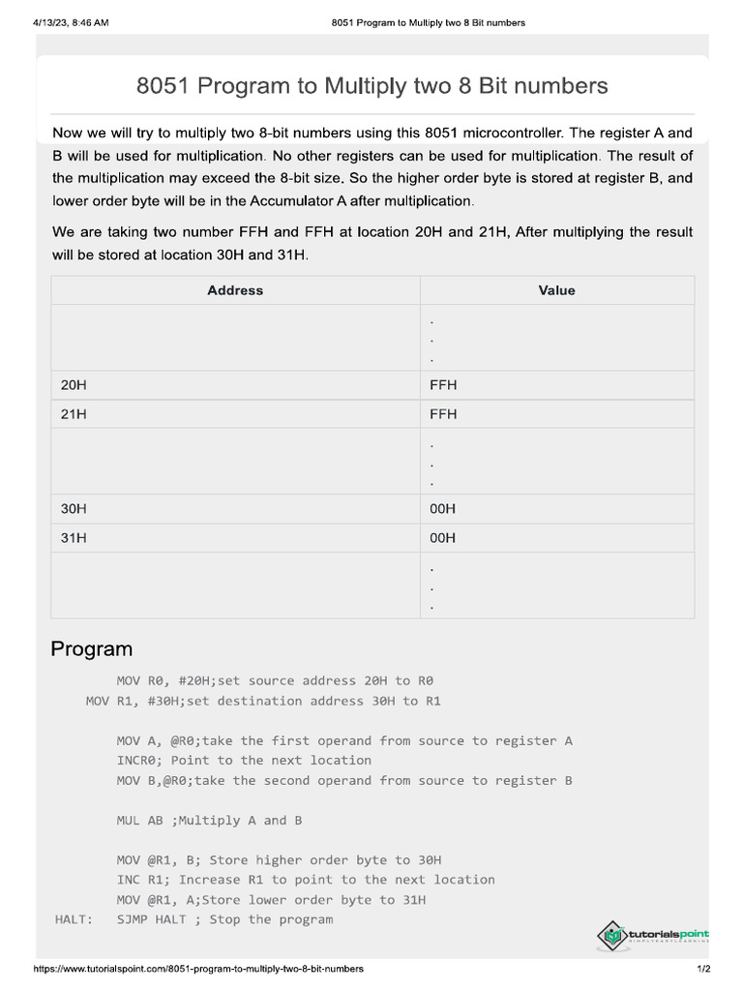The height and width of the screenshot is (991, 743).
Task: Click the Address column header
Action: [235, 290]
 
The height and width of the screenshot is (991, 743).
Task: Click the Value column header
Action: [556, 290]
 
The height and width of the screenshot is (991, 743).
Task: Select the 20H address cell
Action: [74, 385]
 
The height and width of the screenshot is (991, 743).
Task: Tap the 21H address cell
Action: [74, 414]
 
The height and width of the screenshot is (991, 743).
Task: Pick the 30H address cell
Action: [74, 509]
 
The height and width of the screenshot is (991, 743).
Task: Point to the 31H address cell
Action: [74, 538]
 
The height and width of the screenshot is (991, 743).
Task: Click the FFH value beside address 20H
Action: [443, 385]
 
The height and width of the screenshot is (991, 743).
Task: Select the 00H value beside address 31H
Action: [443, 538]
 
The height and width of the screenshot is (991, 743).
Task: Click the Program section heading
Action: [91, 648]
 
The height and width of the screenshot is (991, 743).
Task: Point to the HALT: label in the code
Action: [74, 919]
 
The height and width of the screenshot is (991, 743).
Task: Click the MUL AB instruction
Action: [140, 821]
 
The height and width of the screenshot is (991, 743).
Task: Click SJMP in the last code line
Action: [135, 919]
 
